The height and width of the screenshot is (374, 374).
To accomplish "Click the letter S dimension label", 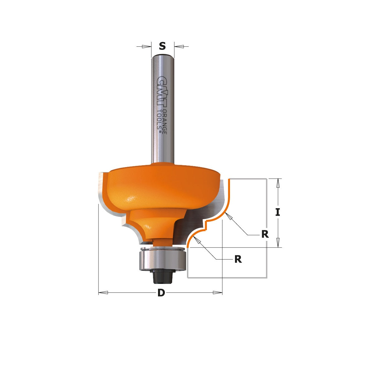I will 162,46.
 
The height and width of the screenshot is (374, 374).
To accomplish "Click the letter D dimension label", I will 161,293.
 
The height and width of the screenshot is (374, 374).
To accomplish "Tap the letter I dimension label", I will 278,212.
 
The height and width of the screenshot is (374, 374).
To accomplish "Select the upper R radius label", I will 265,234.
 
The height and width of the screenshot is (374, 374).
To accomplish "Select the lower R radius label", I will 238,259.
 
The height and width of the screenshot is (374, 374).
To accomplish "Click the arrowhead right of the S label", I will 179,47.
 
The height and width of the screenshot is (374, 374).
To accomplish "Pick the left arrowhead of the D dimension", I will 103,293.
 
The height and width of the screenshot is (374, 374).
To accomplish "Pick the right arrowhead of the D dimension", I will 217,293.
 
